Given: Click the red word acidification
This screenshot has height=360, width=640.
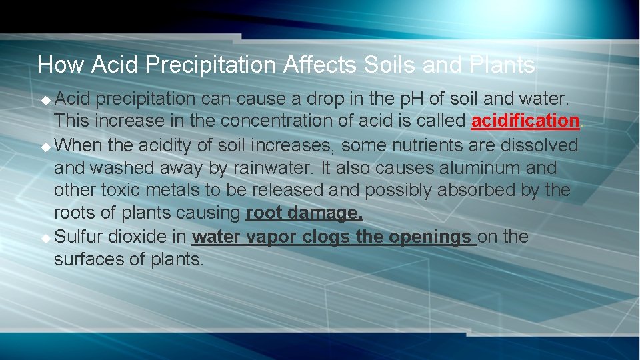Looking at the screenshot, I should pyautogui.click(x=525, y=121).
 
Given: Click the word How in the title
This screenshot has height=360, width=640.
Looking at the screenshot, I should pyautogui.click(x=61, y=65).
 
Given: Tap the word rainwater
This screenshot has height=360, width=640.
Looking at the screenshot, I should pyautogui.click(x=275, y=167).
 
